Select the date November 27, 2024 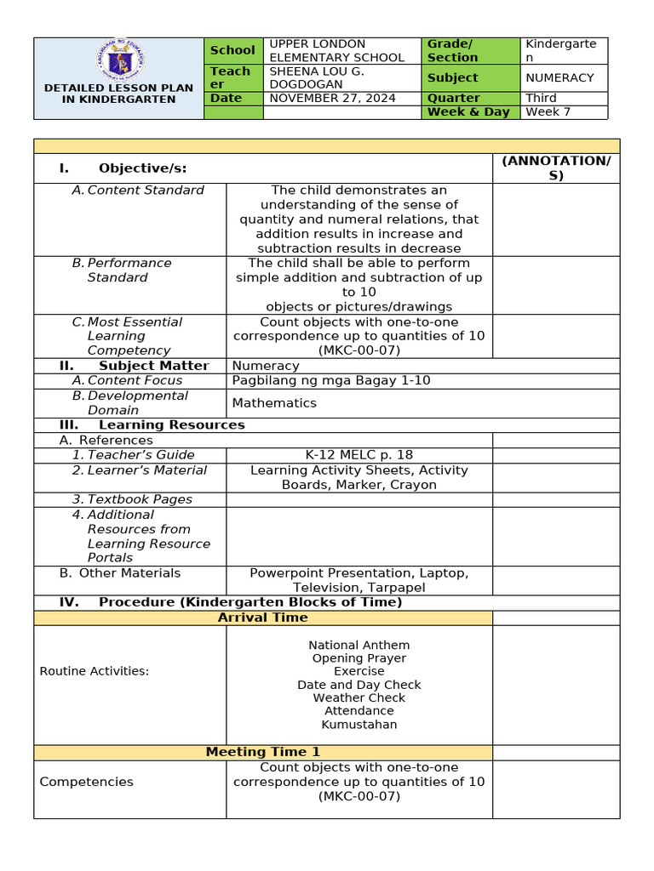pos(332,98)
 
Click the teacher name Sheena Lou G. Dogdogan pos(317,77)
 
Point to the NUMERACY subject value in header pos(559,77)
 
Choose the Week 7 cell pos(548,111)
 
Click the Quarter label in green pos(453,98)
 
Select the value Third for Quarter pos(541,98)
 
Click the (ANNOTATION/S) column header pos(556,168)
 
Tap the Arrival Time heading pos(262,618)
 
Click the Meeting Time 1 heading pos(262,752)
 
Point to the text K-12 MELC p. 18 pos(359,455)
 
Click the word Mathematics pos(274,403)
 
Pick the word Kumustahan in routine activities pos(359,725)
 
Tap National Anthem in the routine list pos(359,646)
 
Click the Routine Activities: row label pos(94,671)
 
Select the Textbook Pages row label pos(139,499)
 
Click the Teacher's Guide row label pos(141,455)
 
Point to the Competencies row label pos(86,782)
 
